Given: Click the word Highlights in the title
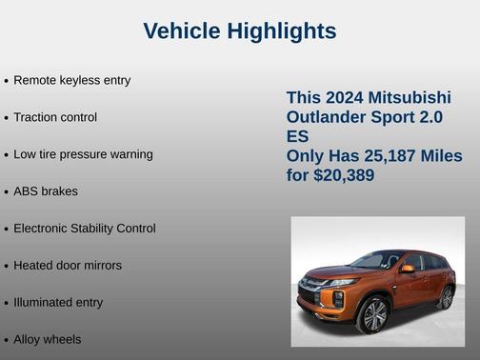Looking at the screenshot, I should (x=281, y=31).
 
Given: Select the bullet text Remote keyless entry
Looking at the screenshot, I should (x=71, y=80).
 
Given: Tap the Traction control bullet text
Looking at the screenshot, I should (x=55, y=117).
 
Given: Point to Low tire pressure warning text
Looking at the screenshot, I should (x=83, y=154).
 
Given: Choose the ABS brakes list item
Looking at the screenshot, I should (x=46, y=191).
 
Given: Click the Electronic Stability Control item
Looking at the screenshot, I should (x=84, y=229).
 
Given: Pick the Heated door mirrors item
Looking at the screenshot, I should (x=68, y=266).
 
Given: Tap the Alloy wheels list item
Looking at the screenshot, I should (x=48, y=340).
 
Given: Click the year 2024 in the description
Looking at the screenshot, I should (x=346, y=98).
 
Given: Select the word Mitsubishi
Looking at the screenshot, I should (x=410, y=98).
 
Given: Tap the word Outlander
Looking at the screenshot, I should (x=327, y=117).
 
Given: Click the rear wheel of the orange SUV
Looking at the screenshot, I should (x=447, y=297).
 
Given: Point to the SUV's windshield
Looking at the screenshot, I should (x=378, y=260).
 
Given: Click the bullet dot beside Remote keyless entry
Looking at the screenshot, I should (x=7, y=81).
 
